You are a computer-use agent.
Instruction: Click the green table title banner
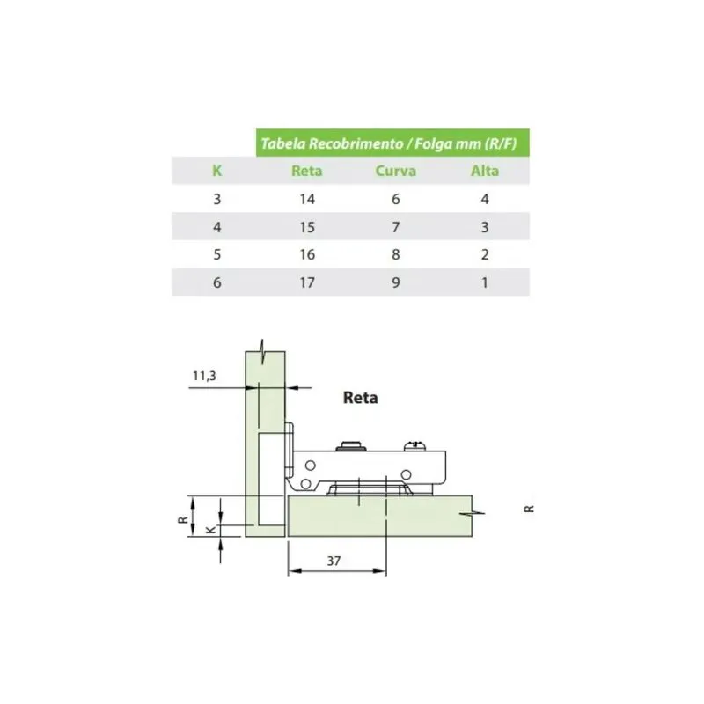click(392, 143)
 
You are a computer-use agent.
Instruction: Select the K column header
click(216, 171)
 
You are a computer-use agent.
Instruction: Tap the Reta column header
click(306, 171)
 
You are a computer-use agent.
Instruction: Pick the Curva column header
click(395, 171)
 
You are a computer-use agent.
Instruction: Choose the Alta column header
click(485, 171)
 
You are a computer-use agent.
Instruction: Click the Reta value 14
click(307, 199)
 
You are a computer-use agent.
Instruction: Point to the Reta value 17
click(307, 282)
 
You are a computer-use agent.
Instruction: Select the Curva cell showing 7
click(395, 227)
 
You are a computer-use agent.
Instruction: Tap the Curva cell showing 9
click(395, 282)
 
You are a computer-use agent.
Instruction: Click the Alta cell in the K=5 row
click(485, 254)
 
